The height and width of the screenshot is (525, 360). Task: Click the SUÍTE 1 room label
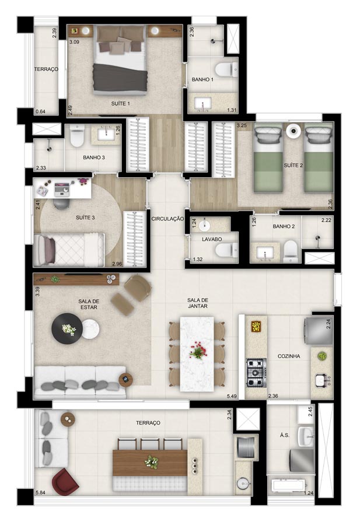(121, 104)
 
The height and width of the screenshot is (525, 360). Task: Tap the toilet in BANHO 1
(226, 69)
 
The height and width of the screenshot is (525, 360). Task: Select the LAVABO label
(212, 239)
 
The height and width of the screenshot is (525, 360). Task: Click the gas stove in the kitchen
(257, 373)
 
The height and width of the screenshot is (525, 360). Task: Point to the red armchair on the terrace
(65, 481)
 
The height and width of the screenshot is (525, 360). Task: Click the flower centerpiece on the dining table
(198, 350)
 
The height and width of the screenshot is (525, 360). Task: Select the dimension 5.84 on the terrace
(40, 492)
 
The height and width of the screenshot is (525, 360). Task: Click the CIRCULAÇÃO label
(167, 219)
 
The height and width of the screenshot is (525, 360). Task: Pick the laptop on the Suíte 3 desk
(62, 189)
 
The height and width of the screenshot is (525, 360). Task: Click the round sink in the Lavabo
(204, 225)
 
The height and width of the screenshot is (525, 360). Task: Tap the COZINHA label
(289, 356)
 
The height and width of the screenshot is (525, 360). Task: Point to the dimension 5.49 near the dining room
(232, 396)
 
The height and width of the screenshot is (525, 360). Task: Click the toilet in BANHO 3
(77, 136)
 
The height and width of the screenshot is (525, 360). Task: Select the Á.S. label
(284, 435)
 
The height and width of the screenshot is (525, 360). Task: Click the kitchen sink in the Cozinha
(322, 379)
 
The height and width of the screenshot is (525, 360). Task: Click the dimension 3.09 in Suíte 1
(74, 42)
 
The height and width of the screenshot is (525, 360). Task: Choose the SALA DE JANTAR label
(198, 303)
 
